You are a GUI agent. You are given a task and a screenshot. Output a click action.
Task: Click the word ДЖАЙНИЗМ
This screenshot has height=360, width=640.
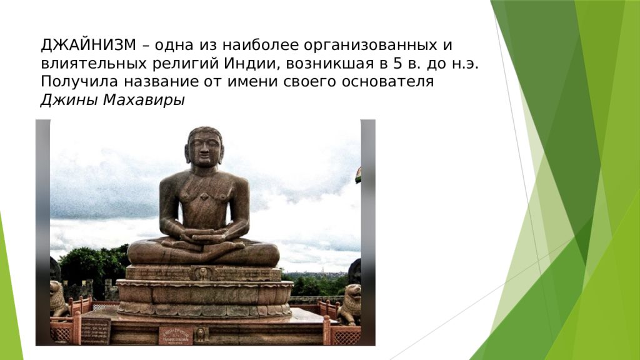(88, 45)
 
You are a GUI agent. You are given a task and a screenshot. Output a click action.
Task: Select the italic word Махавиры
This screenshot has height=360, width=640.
(144, 100)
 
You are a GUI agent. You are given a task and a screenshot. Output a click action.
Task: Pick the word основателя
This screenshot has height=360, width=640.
(387, 82)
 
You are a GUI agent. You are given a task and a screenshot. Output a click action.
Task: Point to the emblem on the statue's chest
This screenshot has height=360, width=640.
(204, 197)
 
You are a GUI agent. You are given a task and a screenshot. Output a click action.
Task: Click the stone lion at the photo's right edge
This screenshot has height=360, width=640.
(351, 303)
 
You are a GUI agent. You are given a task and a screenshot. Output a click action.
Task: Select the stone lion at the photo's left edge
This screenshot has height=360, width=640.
(57, 299)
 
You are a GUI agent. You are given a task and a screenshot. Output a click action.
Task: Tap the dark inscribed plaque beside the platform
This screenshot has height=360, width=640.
(96, 330)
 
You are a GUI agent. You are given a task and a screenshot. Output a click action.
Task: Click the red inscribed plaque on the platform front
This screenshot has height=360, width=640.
(176, 335)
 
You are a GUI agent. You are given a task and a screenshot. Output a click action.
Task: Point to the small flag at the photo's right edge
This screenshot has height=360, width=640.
(358, 175)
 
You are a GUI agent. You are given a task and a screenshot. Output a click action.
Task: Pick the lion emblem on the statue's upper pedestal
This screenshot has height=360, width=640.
(203, 273)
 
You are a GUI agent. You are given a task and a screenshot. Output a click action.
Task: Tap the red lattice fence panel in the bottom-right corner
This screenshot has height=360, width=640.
(346, 336)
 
